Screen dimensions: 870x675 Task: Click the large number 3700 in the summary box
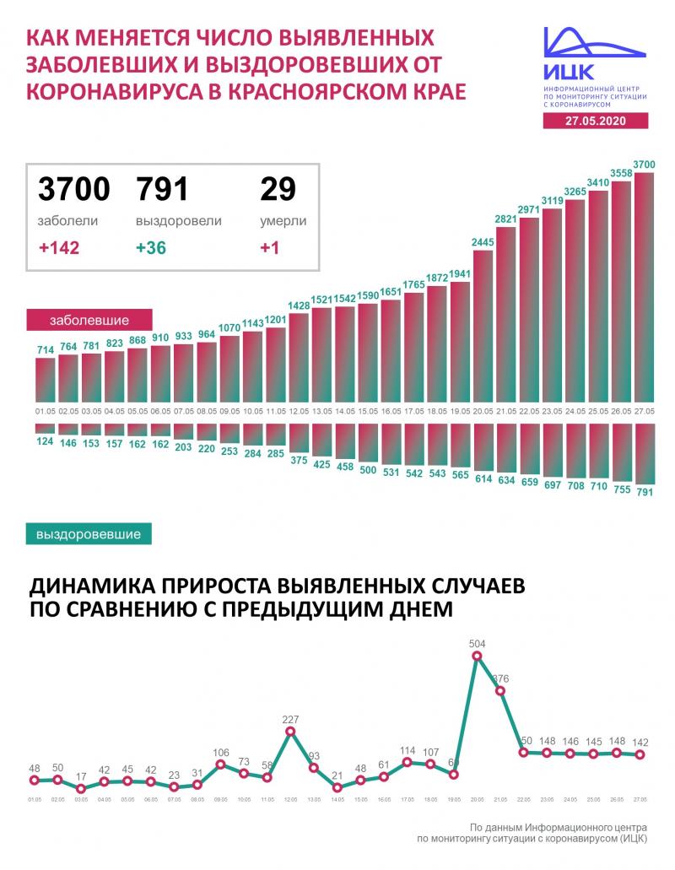[x=74, y=189]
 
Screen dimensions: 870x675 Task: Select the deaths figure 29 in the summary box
[x=278, y=189]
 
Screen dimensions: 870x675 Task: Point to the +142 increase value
[x=60, y=249]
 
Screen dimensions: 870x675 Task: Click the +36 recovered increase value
[x=153, y=249]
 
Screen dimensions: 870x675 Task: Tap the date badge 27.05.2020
[x=596, y=122]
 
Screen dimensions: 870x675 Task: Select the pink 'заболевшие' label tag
[x=89, y=322]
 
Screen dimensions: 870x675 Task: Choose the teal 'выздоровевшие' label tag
[x=89, y=533]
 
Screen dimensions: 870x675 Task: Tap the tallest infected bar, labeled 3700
[x=644, y=287]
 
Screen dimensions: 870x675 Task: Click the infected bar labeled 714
[x=46, y=380]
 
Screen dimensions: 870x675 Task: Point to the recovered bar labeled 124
[x=46, y=428]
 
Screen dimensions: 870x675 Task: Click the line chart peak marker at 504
[x=478, y=656]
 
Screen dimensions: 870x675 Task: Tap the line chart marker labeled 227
[x=291, y=732]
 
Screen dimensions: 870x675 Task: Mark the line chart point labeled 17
[x=81, y=789]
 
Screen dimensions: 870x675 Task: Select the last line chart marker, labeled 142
[x=640, y=754]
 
